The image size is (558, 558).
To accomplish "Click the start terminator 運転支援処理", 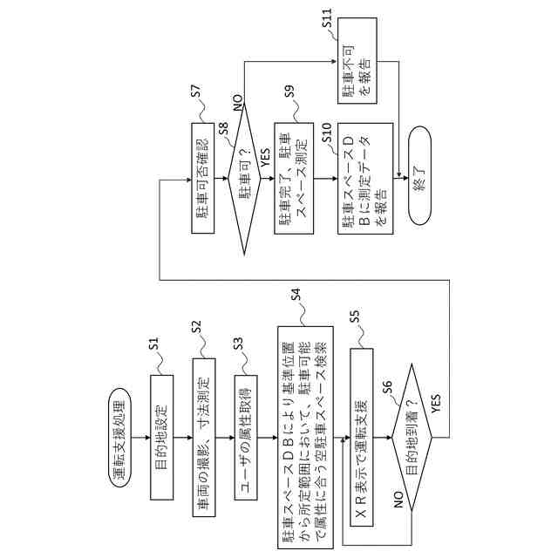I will (122, 425).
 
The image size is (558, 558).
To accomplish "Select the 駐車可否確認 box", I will (202, 185).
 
